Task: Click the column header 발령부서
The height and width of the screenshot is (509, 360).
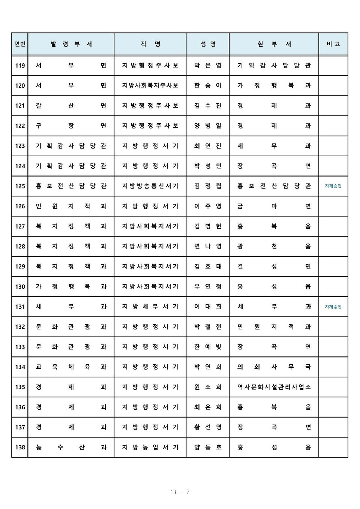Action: tap(71, 44)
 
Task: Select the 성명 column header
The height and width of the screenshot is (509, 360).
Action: tap(208, 44)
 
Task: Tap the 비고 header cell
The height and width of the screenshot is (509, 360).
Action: tap(333, 44)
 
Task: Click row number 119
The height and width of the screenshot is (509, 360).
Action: tap(20, 66)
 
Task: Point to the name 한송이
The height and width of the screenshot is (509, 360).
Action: tap(208, 85)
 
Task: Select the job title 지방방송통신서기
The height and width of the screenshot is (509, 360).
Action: tap(150, 186)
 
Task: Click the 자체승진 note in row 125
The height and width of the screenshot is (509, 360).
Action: tap(333, 186)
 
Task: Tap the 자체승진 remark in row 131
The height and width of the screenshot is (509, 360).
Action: tap(333, 307)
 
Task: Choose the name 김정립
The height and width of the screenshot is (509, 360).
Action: tap(208, 186)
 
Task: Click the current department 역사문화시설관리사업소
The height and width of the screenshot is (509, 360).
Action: tap(274, 387)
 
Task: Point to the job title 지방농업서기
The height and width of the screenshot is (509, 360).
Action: tap(150, 447)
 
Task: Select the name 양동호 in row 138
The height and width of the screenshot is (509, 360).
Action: tap(208, 447)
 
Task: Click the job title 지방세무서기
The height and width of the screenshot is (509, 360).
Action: tap(150, 307)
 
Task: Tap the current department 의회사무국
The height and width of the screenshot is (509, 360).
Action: tap(274, 367)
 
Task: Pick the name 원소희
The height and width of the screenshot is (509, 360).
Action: tap(208, 387)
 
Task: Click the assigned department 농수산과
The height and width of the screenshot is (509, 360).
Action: tap(71, 447)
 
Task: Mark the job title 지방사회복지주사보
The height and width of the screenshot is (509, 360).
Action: tap(150, 85)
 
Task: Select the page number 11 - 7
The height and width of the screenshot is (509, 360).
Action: tap(180, 492)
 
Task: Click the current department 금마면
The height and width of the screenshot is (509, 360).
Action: tap(274, 206)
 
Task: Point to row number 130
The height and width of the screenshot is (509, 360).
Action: tap(20, 287)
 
